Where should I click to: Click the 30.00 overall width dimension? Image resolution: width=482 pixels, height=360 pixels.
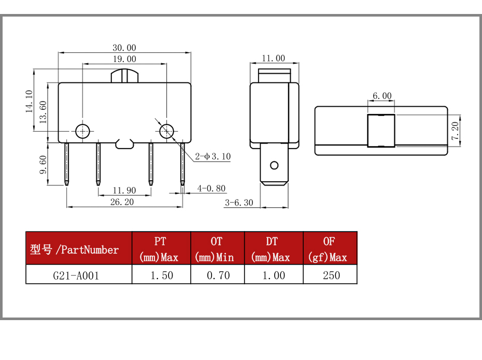(124, 48)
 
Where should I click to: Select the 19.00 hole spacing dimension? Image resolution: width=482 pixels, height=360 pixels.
(124, 59)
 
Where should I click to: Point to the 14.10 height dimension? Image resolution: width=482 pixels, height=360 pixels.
(29, 102)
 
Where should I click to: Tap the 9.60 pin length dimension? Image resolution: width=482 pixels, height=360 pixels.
(43, 165)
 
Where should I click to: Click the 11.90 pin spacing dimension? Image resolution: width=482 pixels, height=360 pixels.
(124, 191)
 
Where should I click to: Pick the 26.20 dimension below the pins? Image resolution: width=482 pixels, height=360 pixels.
(122, 202)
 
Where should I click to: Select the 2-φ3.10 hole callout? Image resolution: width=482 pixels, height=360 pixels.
(212, 156)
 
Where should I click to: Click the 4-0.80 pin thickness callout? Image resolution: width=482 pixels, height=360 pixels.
(211, 189)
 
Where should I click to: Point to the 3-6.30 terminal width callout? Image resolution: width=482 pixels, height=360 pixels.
(239, 203)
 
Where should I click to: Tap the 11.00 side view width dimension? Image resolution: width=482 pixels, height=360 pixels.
(273, 58)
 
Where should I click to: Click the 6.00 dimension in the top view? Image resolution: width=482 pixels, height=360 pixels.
(382, 96)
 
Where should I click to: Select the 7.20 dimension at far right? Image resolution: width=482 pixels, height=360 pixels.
(455, 131)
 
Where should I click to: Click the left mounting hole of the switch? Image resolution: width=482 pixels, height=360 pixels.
(82, 132)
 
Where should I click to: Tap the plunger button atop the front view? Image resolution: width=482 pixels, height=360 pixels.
(124, 76)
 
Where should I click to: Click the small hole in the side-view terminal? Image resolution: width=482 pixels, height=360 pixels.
(274, 166)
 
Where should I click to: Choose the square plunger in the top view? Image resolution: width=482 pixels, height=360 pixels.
(381, 131)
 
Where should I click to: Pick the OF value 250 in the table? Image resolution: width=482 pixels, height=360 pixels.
(331, 275)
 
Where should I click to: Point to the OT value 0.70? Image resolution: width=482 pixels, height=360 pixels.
(218, 275)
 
